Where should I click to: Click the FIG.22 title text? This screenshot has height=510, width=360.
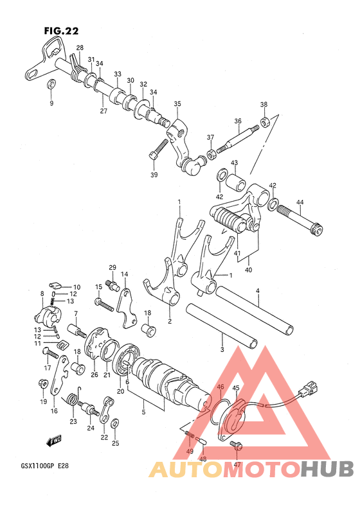coord(61,31)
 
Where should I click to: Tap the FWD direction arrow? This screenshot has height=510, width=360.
coord(54,441)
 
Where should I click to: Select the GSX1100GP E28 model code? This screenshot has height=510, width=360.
coord(45,466)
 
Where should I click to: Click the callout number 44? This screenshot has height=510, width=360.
coord(300,202)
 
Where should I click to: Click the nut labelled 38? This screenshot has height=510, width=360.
coord(265,121)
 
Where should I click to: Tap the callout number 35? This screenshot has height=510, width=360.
coord(177,104)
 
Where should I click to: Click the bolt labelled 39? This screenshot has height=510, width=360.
coord(159,149)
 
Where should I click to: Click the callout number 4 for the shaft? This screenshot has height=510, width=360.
coord(258,290)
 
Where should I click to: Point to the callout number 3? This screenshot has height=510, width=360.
coord(222,349)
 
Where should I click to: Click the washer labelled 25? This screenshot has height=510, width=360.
coord(115,424)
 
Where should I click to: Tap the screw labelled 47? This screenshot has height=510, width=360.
coord(236,445)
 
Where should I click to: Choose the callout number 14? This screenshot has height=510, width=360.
coord(124,274)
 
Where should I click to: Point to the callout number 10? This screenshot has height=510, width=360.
coord(76,287)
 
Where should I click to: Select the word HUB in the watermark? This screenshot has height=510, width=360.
coord(327,469)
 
